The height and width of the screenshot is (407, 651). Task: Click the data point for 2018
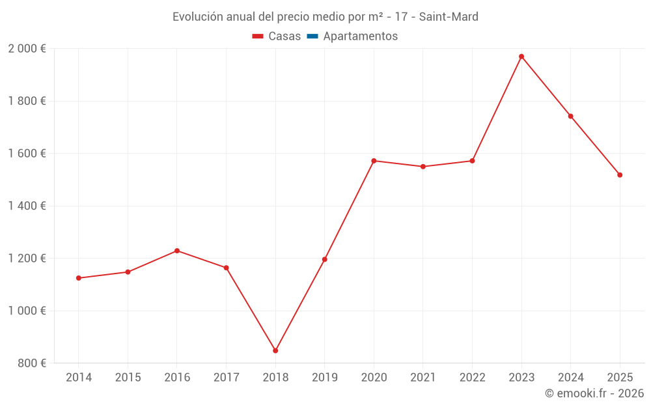pos(275,350)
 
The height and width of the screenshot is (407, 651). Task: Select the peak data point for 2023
pos(521,57)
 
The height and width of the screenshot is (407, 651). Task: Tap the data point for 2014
pos(79,278)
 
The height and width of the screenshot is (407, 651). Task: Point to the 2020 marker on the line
pos(374,161)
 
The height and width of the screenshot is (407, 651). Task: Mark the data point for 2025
pos(620,175)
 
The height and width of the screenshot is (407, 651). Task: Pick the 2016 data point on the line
pos(177,251)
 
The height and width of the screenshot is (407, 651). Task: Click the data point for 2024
pos(571,117)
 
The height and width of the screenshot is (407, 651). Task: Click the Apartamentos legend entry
pos(360,36)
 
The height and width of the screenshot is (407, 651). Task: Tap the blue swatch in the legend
pos(312,36)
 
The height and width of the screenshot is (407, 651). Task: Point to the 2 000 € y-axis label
pos(27,49)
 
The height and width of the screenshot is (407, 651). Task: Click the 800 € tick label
pos(31,363)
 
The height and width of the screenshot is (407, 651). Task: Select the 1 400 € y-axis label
pos(27,206)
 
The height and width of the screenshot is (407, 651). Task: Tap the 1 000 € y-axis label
pos(27,311)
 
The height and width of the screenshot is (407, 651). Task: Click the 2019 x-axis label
pos(324,378)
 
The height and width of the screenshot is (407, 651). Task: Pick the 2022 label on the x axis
pos(472,378)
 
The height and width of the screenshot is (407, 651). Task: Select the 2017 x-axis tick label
pos(226,378)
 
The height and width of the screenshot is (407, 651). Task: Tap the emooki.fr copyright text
pos(594,393)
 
